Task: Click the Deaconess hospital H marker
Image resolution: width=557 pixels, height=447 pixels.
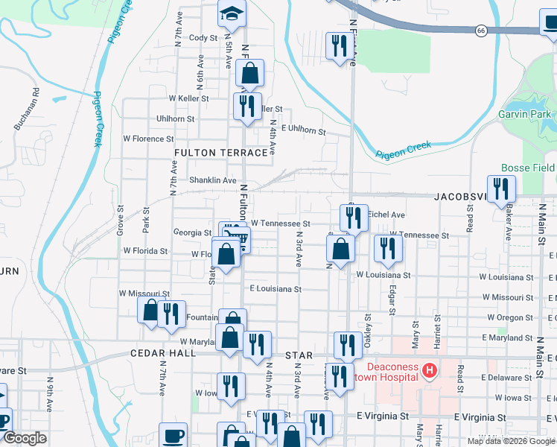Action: point(429,370)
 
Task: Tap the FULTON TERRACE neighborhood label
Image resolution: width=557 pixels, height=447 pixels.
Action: point(220,153)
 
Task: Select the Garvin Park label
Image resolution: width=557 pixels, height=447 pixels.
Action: point(526,114)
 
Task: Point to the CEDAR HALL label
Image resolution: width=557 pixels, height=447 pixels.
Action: point(157,355)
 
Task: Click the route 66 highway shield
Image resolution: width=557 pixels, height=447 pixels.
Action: point(482,30)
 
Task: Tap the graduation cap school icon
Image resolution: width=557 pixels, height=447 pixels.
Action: point(232,12)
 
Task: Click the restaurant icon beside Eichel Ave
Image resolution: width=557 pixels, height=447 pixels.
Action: point(354,217)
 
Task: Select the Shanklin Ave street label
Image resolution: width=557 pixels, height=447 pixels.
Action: point(212,180)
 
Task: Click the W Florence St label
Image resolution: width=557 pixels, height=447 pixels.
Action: point(148,139)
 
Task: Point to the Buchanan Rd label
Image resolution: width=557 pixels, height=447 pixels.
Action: point(26,112)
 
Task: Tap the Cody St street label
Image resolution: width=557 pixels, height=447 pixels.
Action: point(203,38)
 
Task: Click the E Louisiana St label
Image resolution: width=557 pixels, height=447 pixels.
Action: point(276,288)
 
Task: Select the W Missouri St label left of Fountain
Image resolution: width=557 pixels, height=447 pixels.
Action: point(144,294)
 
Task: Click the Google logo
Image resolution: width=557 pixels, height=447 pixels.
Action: point(25,438)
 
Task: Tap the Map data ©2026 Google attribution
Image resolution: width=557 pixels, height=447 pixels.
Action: point(510,441)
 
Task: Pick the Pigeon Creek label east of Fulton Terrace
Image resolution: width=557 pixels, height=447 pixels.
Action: point(404,150)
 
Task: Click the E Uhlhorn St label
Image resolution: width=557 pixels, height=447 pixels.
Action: point(303,130)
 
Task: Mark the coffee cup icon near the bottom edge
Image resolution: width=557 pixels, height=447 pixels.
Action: point(174,436)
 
